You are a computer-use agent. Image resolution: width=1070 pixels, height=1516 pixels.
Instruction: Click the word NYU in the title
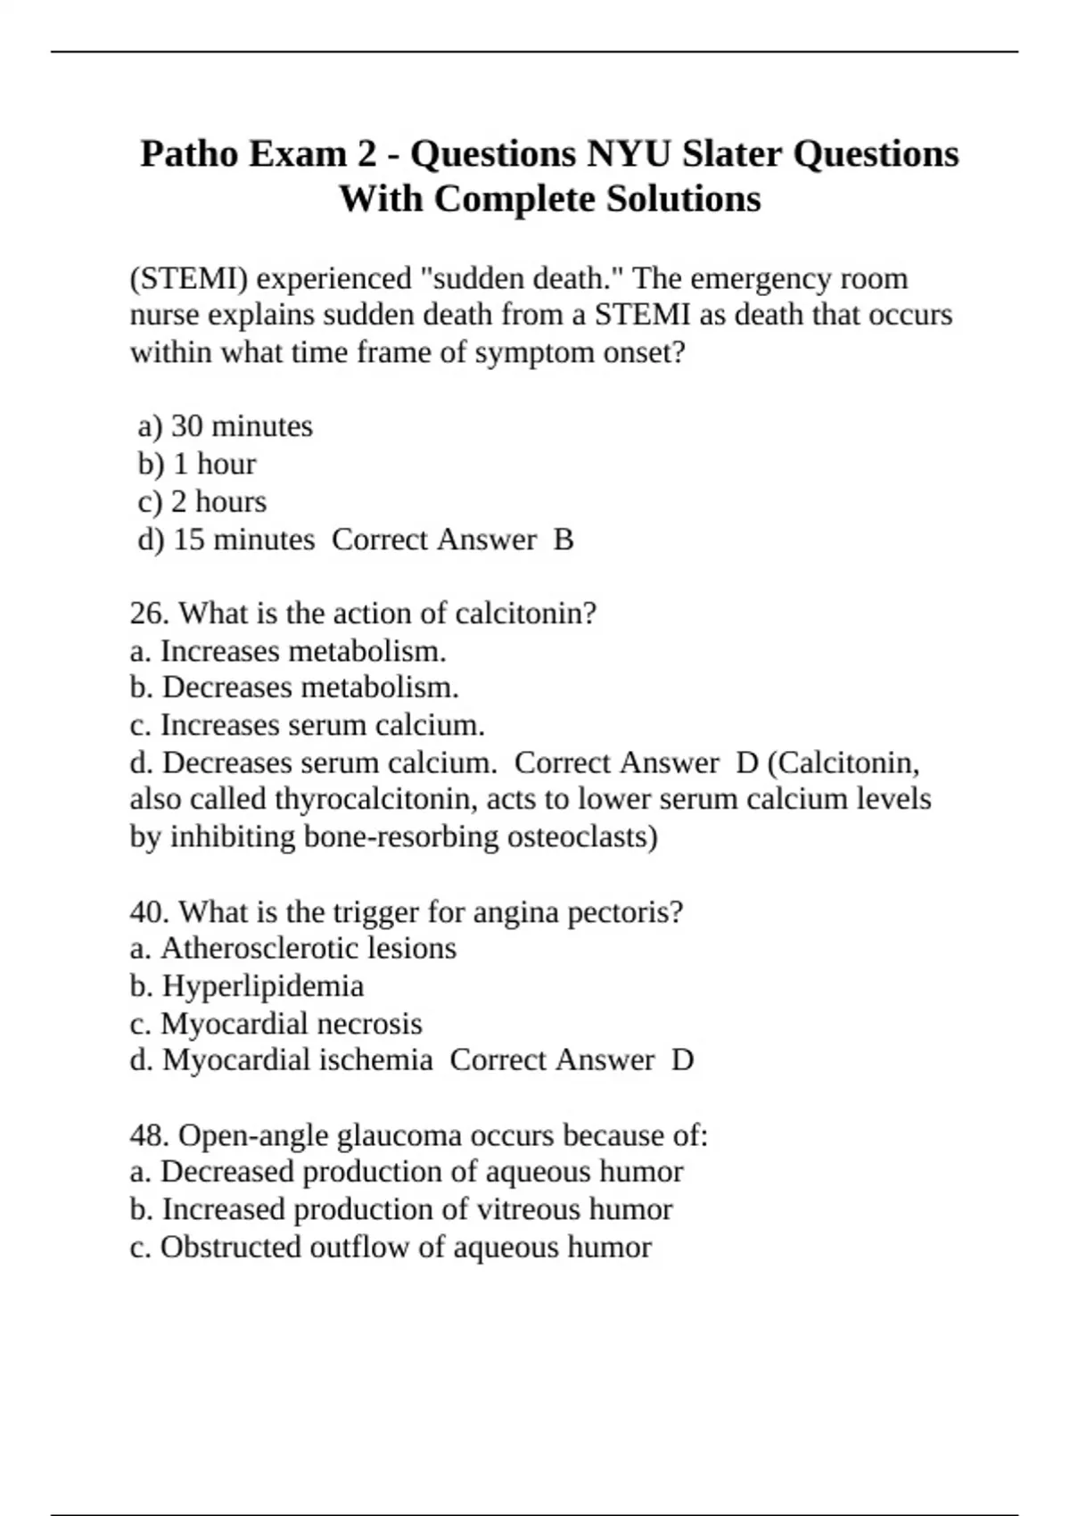(629, 154)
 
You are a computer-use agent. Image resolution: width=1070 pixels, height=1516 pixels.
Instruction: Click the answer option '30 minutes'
(241, 426)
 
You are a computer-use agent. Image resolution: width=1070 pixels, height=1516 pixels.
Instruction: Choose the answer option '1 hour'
(214, 464)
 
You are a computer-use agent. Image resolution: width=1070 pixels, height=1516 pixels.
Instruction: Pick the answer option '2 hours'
(218, 502)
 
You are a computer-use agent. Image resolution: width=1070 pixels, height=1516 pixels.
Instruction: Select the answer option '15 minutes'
(243, 540)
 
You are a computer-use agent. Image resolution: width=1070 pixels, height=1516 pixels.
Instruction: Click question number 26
(150, 614)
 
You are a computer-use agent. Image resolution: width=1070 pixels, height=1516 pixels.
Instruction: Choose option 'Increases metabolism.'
(303, 651)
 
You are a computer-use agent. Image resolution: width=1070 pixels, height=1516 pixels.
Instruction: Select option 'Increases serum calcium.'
(322, 725)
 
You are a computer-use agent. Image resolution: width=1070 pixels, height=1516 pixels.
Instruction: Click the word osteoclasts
(581, 836)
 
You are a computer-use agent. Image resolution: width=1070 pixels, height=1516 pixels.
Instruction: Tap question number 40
(150, 912)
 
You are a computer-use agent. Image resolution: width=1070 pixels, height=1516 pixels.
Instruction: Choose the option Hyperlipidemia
(263, 986)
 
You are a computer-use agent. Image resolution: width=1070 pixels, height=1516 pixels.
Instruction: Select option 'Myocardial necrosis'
(291, 1024)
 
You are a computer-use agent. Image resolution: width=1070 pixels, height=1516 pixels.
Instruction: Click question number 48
(150, 1135)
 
